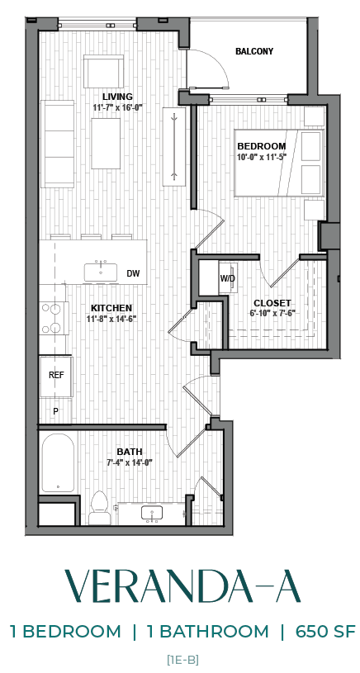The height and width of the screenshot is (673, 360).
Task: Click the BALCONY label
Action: [x=253, y=51]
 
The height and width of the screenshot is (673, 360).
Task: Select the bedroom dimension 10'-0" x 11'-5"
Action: [x=260, y=157]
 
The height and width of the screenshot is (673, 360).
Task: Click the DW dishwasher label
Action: [x=133, y=273]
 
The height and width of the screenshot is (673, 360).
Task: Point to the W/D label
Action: [x=227, y=278]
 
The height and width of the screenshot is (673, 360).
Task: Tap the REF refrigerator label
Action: [x=56, y=375]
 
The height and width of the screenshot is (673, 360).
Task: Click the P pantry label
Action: [x=55, y=410]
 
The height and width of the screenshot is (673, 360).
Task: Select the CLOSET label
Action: [x=272, y=303]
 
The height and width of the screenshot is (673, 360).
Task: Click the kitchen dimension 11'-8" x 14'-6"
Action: [x=111, y=319]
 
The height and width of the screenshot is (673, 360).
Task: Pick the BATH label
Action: [x=129, y=452]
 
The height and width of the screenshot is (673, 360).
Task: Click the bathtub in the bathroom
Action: [x=57, y=463]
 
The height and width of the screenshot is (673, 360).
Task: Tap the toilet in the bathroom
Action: [x=100, y=507]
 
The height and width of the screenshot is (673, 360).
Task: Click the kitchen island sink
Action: [x=104, y=270]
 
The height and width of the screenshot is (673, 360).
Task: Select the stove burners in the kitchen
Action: [x=53, y=318]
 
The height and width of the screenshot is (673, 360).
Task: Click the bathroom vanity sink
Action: [x=152, y=513]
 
